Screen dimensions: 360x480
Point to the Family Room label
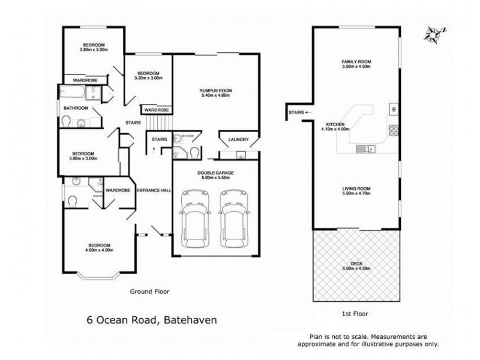pos(356,64)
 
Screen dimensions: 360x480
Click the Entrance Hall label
pos(154,190)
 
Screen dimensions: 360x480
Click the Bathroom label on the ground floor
pos(76,108)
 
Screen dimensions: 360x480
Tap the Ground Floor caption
pos(150,292)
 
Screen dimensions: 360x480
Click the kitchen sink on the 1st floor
pos(364,148)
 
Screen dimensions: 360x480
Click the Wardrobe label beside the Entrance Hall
pos(118,190)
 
